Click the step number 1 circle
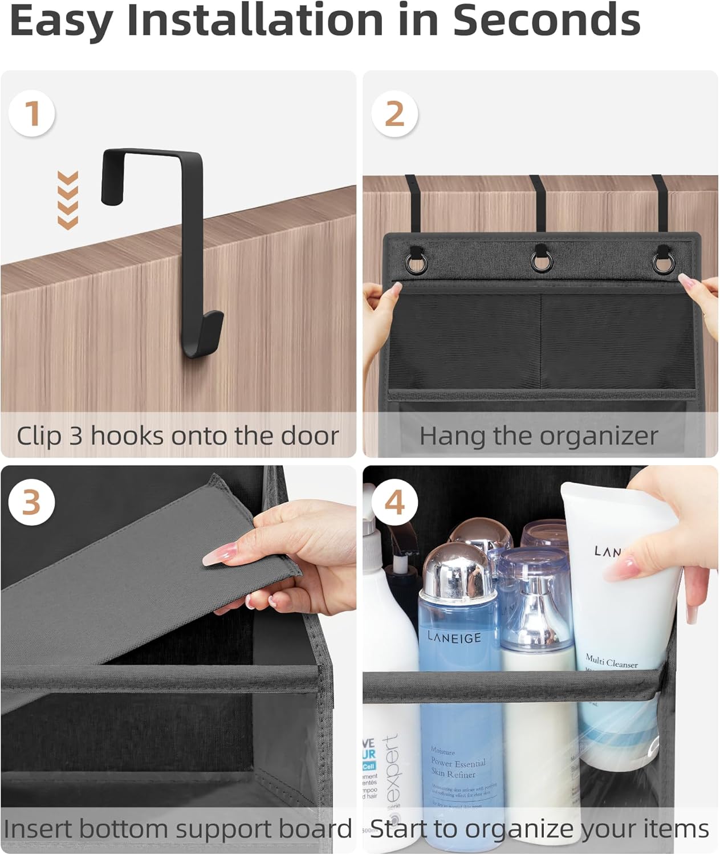point(32,113)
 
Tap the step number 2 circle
point(394,113)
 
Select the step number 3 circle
point(32,502)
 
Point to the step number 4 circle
point(394,502)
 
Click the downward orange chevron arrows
point(68,200)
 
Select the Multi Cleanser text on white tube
point(612,661)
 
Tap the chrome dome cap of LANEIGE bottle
point(456,570)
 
